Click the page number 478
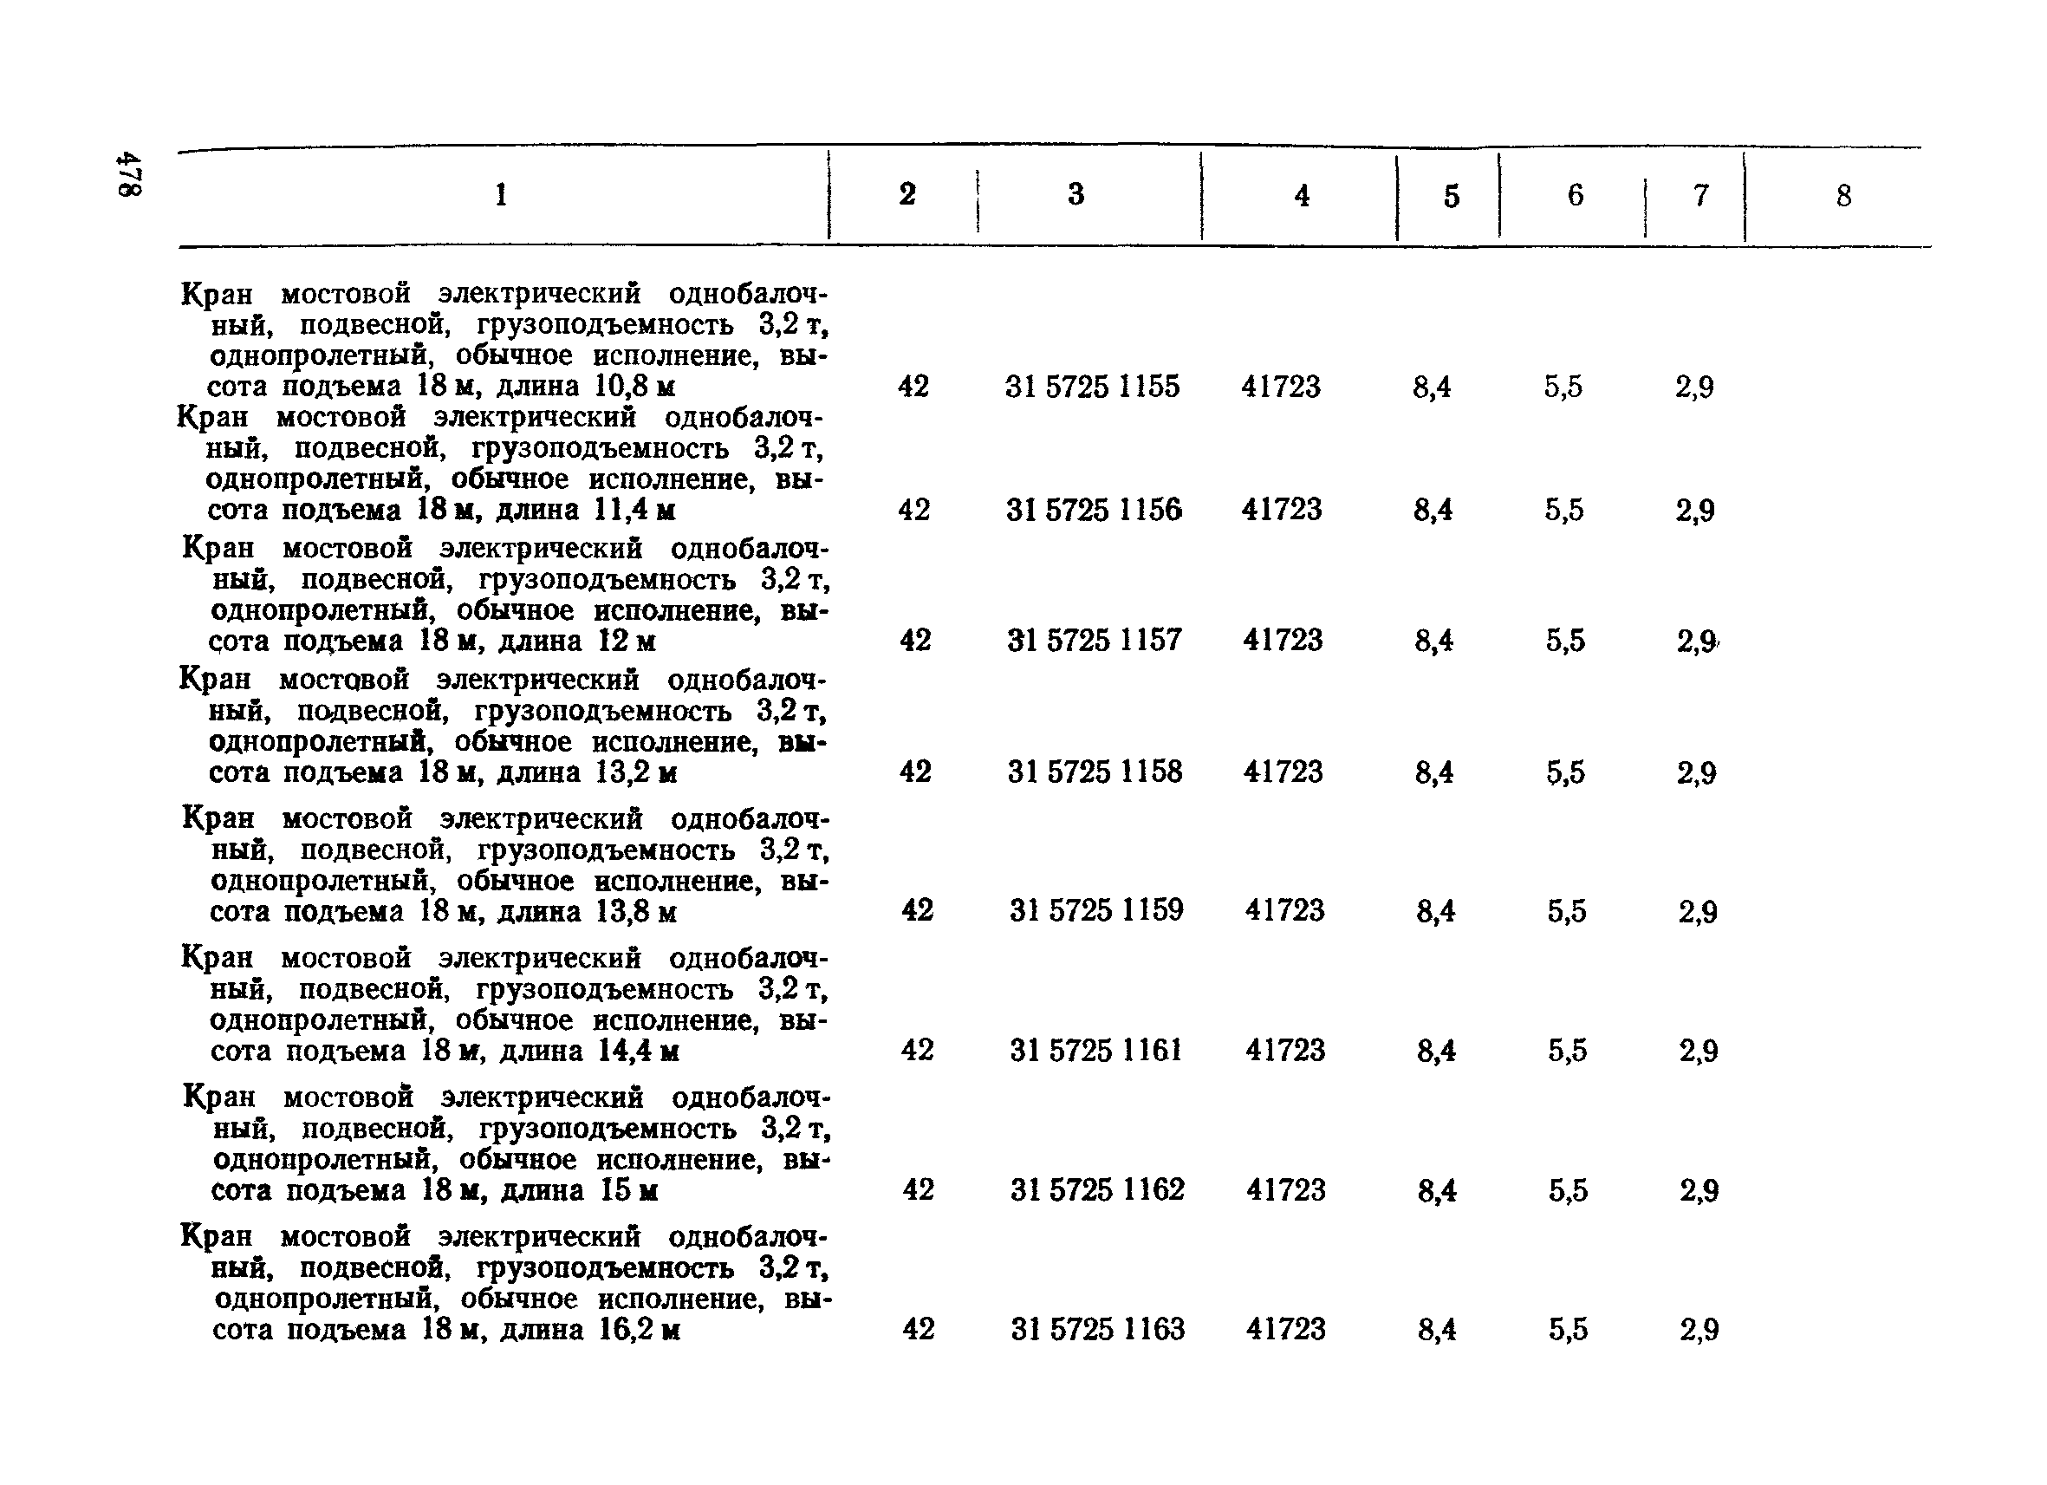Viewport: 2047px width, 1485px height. [x=129, y=173]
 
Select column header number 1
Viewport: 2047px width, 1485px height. [x=501, y=194]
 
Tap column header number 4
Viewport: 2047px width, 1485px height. [x=1302, y=195]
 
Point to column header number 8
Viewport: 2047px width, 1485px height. [x=1843, y=195]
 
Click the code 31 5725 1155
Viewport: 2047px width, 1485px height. [x=1092, y=387]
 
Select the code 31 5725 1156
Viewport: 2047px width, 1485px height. [x=1094, y=510]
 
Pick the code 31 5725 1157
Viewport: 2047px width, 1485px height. [x=1094, y=640]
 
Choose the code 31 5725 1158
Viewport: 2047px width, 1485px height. [x=1095, y=772]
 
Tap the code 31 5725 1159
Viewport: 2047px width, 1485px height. [x=1096, y=910]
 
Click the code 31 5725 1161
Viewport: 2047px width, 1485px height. [x=1095, y=1050]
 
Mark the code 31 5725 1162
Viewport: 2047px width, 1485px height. [x=1097, y=1189]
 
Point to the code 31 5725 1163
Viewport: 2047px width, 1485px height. [x=1097, y=1329]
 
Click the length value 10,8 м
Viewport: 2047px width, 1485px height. [x=634, y=387]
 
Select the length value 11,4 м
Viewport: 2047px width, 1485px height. [x=635, y=510]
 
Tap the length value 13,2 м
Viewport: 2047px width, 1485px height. [x=636, y=772]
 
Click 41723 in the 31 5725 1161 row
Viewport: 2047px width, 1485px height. [x=1285, y=1050]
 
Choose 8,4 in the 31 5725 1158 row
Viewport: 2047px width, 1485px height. [x=1434, y=772]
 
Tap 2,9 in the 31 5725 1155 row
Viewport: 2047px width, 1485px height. [x=1694, y=388]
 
